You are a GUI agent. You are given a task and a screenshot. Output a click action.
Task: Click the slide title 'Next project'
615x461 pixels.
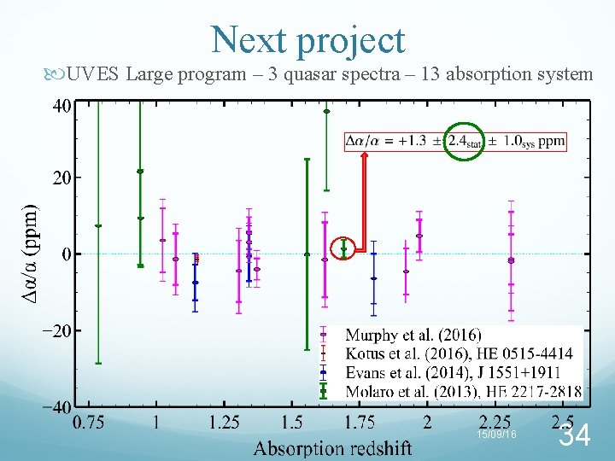click(x=307, y=39)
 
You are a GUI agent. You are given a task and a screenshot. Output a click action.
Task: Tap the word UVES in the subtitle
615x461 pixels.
click(x=94, y=74)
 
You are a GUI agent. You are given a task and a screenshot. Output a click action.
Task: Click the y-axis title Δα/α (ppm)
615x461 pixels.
click(x=30, y=254)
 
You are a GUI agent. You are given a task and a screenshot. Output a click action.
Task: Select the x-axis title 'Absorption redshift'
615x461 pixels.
click(x=332, y=447)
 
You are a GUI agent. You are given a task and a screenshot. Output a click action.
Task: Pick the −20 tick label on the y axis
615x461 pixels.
click(x=53, y=330)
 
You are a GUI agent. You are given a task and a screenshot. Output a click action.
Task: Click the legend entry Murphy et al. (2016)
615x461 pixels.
click(x=413, y=335)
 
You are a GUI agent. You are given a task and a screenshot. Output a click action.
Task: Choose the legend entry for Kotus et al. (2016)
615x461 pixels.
click(x=459, y=353)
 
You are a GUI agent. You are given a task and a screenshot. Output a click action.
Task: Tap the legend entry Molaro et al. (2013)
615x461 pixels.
click(x=462, y=391)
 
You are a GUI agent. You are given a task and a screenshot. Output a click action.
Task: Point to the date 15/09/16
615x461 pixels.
click(x=497, y=435)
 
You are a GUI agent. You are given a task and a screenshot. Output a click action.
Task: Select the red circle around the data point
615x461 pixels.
click(x=343, y=248)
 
